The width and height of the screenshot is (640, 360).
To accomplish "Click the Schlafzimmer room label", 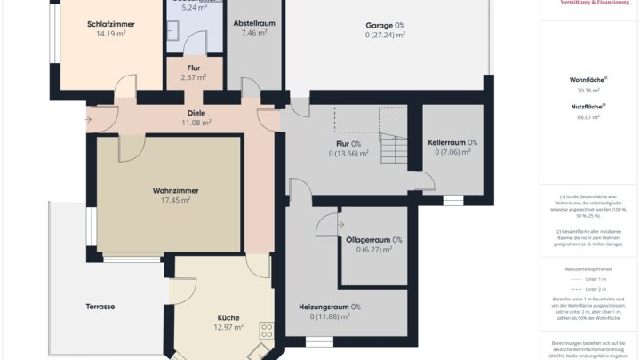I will [110, 24].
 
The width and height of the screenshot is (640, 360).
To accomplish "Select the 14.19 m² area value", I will [110, 35].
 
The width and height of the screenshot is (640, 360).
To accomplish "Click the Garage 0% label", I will [385, 25].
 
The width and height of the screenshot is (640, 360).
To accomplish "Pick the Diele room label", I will [196, 113].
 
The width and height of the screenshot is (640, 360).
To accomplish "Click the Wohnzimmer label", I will [174, 190].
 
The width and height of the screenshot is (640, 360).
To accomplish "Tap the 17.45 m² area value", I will [174, 201].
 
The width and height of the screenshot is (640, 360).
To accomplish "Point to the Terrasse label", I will [100, 307].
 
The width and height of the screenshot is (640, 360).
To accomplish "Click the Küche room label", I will [228, 317].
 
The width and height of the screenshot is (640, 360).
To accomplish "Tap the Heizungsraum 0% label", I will [330, 307].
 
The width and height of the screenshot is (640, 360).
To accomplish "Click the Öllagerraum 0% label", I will [372, 239].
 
